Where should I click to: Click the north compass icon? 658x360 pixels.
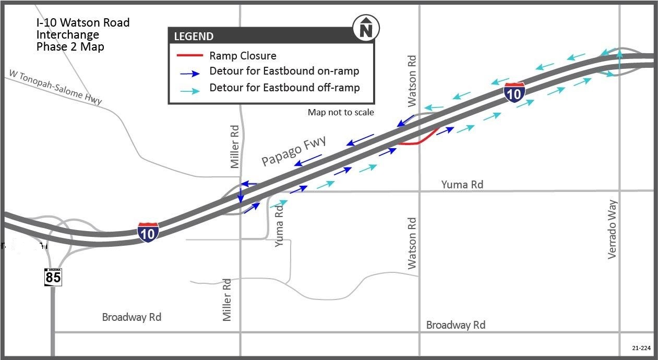click(x=366, y=28)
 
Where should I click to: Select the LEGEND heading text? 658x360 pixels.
click(x=194, y=37)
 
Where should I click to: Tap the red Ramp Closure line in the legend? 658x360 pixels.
click(x=190, y=55)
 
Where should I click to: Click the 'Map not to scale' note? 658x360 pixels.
click(x=341, y=112)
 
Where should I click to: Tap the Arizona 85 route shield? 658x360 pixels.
click(x=53, y=277)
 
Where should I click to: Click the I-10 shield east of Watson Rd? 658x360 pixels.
click(x=515, y=92)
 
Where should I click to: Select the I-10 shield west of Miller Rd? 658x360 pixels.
click(x=148, y=232)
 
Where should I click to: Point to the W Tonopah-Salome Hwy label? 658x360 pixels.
click(x=55, y=88)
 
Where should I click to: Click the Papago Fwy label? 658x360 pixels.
click(x=293, y=150)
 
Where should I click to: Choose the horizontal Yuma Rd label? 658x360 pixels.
click(x=462, y=184)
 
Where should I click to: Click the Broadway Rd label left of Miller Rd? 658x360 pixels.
click(x=131, y=317)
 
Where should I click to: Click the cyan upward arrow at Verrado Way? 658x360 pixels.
click(x=619, y=61)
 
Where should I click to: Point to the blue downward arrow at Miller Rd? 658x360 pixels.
click(x=241, y=195)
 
